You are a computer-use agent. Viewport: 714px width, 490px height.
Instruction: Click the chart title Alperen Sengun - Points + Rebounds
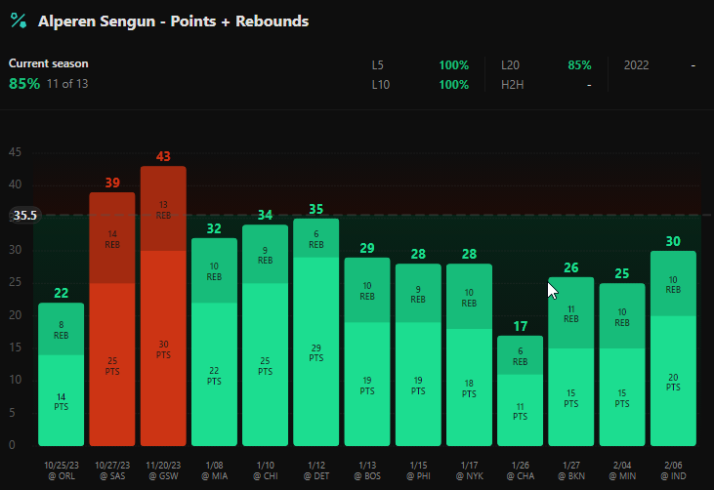point(173,21)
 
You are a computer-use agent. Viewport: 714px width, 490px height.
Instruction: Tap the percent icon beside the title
point(19,20)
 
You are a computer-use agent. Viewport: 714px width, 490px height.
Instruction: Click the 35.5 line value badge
point(25,215)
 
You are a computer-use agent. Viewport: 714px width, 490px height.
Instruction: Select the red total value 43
point(163,156)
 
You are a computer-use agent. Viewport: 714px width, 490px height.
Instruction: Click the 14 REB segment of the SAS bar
point(112,238)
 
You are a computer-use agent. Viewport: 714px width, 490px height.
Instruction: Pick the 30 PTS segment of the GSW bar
point(163,348)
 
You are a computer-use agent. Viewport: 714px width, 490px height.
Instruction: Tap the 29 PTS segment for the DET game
point(316,351)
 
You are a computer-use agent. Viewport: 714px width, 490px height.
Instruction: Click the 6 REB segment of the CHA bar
point(520,355)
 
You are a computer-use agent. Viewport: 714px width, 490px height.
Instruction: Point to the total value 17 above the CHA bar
point(520,326)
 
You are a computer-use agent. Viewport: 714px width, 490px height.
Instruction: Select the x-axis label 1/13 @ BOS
point(367,470)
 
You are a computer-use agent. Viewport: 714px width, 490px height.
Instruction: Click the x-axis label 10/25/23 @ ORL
point(61,470)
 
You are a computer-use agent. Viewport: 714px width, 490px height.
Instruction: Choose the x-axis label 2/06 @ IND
point(673,470)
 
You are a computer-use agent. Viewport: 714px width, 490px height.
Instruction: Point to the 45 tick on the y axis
point(15,152)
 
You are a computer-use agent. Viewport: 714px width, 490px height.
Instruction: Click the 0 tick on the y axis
point(12,444)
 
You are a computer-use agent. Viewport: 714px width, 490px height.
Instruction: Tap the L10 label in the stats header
point(381,85)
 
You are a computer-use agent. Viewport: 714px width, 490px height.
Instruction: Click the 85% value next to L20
point(579,65)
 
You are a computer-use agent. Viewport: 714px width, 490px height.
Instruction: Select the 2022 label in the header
point(636,65)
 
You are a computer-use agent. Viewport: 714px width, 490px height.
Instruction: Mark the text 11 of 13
point(67,84)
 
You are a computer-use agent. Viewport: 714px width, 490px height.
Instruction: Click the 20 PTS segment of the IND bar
point(673,381)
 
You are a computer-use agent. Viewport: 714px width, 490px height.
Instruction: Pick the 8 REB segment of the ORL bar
point(61,329)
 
